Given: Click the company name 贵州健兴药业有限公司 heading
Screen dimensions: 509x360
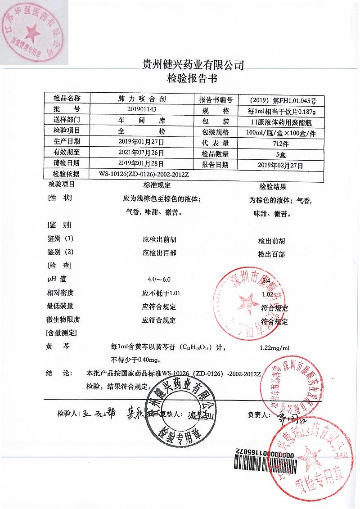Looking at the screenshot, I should pyautogui.click(x=192, y=65).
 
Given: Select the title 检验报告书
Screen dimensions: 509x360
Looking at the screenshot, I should pyautogui.click(x=192, y=80).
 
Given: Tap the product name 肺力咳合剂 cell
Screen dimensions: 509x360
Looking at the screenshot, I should pyautogui.click(x=142, y=99).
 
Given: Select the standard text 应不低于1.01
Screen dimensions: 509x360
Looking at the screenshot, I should pyautogui.click(x=161, y=293).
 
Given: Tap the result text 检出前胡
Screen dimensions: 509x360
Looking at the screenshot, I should pyautogui.click(x=271, y=241).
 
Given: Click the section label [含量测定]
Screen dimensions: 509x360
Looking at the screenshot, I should pyautogui.click(x=61, y=333).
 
